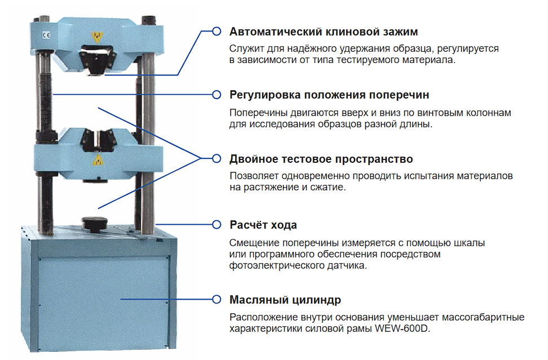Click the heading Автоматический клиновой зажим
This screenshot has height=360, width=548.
[x=324, y=32]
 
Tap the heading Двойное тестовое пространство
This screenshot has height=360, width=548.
[x=321, y=159]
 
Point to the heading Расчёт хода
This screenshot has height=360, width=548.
[x=263, y=225]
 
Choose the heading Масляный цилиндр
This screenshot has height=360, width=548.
[x=285, y=299]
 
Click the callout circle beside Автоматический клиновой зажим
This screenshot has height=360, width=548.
[x=216, y=32]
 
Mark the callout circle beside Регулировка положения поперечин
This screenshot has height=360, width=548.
[x=216, y=94]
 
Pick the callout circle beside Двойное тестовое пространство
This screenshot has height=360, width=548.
[x=216, y=159]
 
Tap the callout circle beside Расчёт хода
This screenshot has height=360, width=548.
[x=216, y=225]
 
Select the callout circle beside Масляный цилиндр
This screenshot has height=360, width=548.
[x=216, y=299]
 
